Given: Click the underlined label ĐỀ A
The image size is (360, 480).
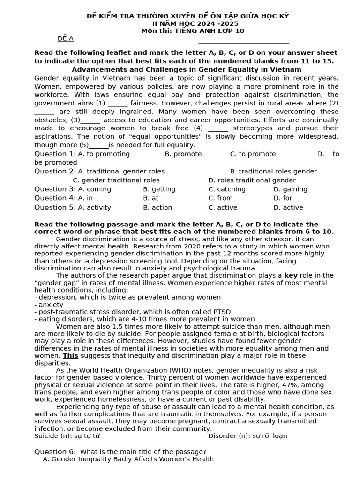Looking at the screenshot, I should coord(65,38).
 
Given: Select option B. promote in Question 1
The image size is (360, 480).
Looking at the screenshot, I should coord(183,154).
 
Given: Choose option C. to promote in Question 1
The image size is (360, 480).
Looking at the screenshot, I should coord(253,154).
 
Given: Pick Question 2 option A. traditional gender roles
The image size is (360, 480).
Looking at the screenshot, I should coord(121,172).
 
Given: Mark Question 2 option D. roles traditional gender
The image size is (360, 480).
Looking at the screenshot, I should coord(252,180).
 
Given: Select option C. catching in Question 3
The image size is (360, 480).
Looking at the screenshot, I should coord(227,189).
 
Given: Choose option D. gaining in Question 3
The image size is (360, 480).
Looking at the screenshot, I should coord(290,189).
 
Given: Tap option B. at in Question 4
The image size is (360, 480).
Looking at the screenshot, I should coord(150,198).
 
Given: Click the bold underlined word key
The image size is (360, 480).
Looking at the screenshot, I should coord(291,276).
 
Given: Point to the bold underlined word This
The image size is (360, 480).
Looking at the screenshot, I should coord(70,356).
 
